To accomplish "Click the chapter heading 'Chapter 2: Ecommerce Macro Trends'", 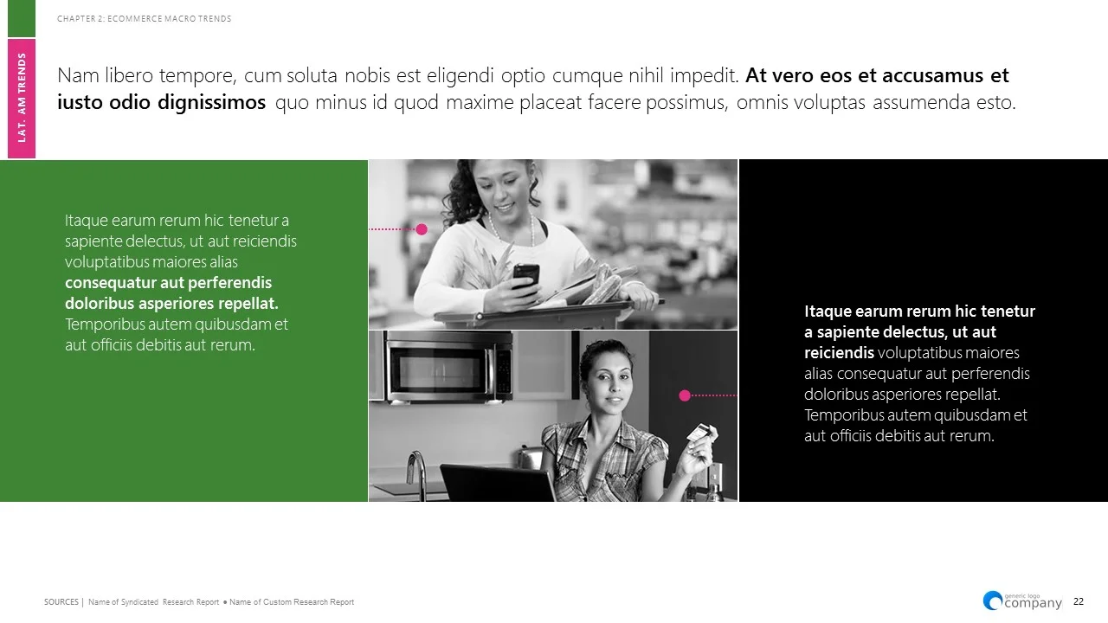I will pyautogui.click(x=144, y=19).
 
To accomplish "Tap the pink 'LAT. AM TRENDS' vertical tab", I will pyautogui.click(x=22, y=98).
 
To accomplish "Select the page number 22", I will pyautogui.click(x=1079, y=602).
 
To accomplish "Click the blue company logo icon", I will pyautogui.click(x=992, y=600).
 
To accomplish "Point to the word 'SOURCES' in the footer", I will pyautogui.click(x=61, y=602).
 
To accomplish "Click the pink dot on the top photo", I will pyautogui.click(x=422, y=229).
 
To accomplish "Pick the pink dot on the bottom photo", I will pyautogui.click(x=685, y=395).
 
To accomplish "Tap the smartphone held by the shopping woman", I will pyautogui.click(x=525, y=275).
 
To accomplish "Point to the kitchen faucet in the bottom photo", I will pyautogui.click(x=419, y=472).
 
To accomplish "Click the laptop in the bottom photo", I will pyautogui.click(x=497, y=483).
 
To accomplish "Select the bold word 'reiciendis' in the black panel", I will pyautogui.click(x=839, y=353).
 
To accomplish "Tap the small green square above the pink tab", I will pyautogui.click(x=22, y=18).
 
